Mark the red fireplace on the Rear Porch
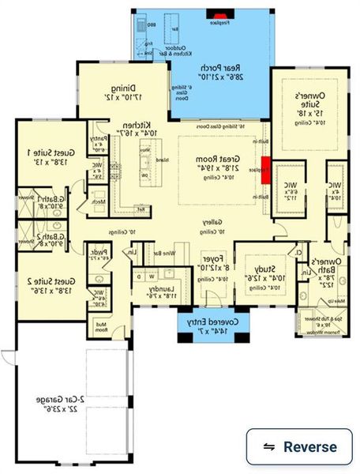pos(216,13)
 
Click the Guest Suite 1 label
pos(39,156)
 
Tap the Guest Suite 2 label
pos(39,286)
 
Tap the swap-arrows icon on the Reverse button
pos(269,446)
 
